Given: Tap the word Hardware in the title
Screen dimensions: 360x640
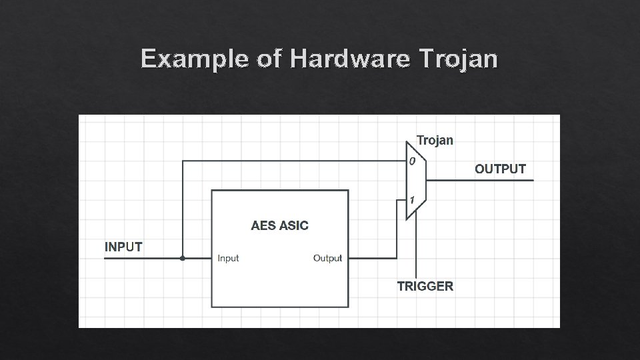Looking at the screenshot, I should click(349, 59).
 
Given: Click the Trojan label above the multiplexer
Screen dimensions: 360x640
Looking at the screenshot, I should click(435, 140).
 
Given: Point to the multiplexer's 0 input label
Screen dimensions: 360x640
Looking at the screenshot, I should click(412, 161).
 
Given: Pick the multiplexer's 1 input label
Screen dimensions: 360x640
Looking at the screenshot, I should click(413, 200).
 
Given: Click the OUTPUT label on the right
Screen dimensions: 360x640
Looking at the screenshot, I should click(500, 169).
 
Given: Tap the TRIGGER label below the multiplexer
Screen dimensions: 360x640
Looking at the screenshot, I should click(425, 287).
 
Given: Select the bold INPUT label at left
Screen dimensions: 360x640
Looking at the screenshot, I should click(123, 247).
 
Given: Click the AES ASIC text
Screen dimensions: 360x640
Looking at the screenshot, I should click(279, 225).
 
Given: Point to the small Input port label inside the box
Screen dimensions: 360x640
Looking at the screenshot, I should click(228, 259).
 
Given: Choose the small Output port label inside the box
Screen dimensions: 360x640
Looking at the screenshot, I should click(327, 259).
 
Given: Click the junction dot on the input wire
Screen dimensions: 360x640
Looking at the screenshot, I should click(183, 258).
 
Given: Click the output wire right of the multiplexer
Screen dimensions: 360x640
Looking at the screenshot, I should click(480, 180).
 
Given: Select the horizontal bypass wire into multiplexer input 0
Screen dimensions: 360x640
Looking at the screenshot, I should click(293, 161).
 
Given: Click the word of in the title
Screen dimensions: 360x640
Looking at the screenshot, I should click(269, 59).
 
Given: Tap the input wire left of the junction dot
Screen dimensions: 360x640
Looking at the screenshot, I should click(143, 258).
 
